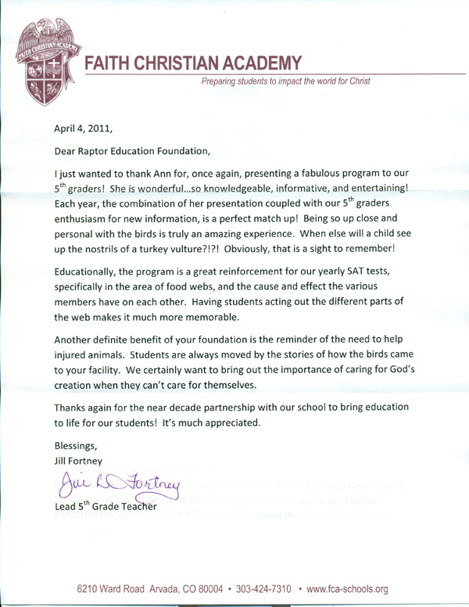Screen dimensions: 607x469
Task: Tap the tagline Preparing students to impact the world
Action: [x=285, y=81]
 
